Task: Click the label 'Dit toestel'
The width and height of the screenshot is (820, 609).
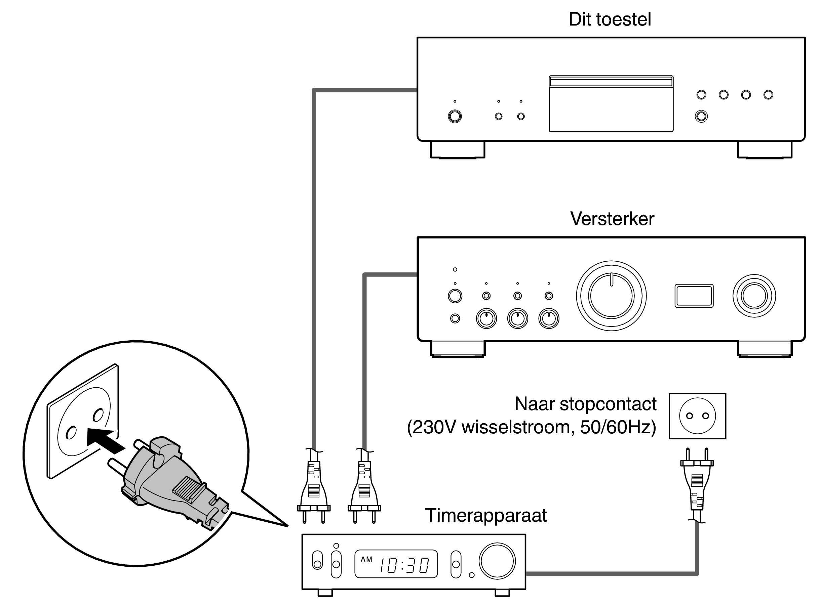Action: [x=610, y=19]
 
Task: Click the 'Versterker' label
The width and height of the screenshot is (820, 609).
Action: [x=612, y=219]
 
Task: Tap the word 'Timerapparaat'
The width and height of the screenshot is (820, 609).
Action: [x=485, y=515]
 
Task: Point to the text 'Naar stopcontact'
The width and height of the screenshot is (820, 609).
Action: [x=585, y=404]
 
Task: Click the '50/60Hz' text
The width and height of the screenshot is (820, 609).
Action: [x=618, y=427]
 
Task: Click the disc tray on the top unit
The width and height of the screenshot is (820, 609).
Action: [x=611, y=104]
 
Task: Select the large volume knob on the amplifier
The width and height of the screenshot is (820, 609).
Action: [x=611, y=296]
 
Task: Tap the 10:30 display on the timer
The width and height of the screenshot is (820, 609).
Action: [x=404, y=565]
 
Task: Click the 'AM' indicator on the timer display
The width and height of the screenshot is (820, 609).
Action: [x=366, y=559]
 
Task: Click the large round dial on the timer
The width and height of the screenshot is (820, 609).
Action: [x=497, y=561]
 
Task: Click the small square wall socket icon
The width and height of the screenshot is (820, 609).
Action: [x=697, y=416]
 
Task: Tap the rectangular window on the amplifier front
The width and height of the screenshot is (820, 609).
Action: [x=694, y=296]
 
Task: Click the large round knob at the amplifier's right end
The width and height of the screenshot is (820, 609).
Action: [x=754, y=296]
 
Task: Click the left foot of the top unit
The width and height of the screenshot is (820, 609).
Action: [x=457, y=150]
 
